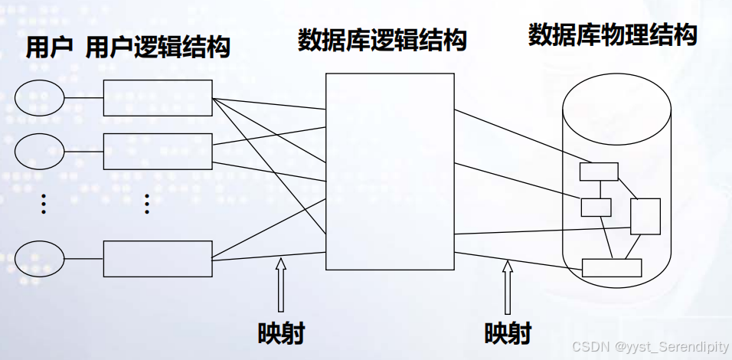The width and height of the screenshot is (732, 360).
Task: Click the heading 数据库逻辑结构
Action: [x=382, y=41]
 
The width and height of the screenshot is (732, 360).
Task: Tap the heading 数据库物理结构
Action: [x=613, y=34]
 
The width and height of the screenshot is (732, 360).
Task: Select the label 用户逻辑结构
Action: [x=158, y=48]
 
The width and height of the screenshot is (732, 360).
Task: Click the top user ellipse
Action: [x=40, y=98]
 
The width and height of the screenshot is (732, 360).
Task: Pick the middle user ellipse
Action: [x=40, y=151]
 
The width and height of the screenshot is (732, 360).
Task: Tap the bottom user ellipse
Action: [x=40, y=258]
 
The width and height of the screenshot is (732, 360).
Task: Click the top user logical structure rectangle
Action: [x=158, y=98]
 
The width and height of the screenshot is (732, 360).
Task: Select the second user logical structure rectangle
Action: [x=158, y=151]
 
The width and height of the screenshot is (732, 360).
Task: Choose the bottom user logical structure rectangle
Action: [x=158, y=258]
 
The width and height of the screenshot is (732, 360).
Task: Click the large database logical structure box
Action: [x=389, y=171]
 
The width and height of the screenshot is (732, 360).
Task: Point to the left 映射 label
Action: [x=281, y=334]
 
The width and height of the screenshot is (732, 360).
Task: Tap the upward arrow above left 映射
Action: [x=281, y=285]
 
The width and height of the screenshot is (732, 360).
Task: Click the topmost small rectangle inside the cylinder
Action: [x=599, y=172]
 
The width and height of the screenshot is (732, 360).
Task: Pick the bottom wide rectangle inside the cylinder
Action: [x=612, y=267]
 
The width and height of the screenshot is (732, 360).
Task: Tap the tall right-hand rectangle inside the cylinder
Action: [x=645, y=216]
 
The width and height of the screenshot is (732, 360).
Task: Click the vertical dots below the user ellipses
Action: [x=44, y=204]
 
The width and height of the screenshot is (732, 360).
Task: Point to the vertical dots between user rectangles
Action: [x=147, y=204]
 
